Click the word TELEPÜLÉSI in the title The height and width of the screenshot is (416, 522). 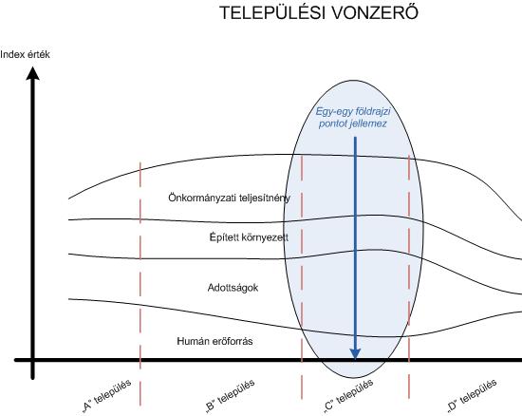[272, 13]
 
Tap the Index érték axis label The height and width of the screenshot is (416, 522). [25, 55]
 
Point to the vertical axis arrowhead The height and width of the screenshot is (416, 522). [32, 73]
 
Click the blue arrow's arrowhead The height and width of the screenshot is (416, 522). [355, 353]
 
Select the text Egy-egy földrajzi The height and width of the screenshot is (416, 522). [353, 111]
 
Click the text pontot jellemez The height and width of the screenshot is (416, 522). [352, 123]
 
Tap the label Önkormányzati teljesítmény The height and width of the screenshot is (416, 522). [230, 198]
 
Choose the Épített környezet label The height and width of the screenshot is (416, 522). [249, 237]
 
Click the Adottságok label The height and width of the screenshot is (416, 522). [233, 288]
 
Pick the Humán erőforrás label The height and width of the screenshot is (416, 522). [214, 341]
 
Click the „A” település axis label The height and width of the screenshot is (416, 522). [106, 396]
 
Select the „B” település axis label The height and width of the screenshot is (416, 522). [231, 396]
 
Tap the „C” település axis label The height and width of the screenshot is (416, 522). [348, 396]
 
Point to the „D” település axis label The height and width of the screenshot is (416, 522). [472, 396]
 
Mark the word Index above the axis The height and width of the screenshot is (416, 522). [10, 55]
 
